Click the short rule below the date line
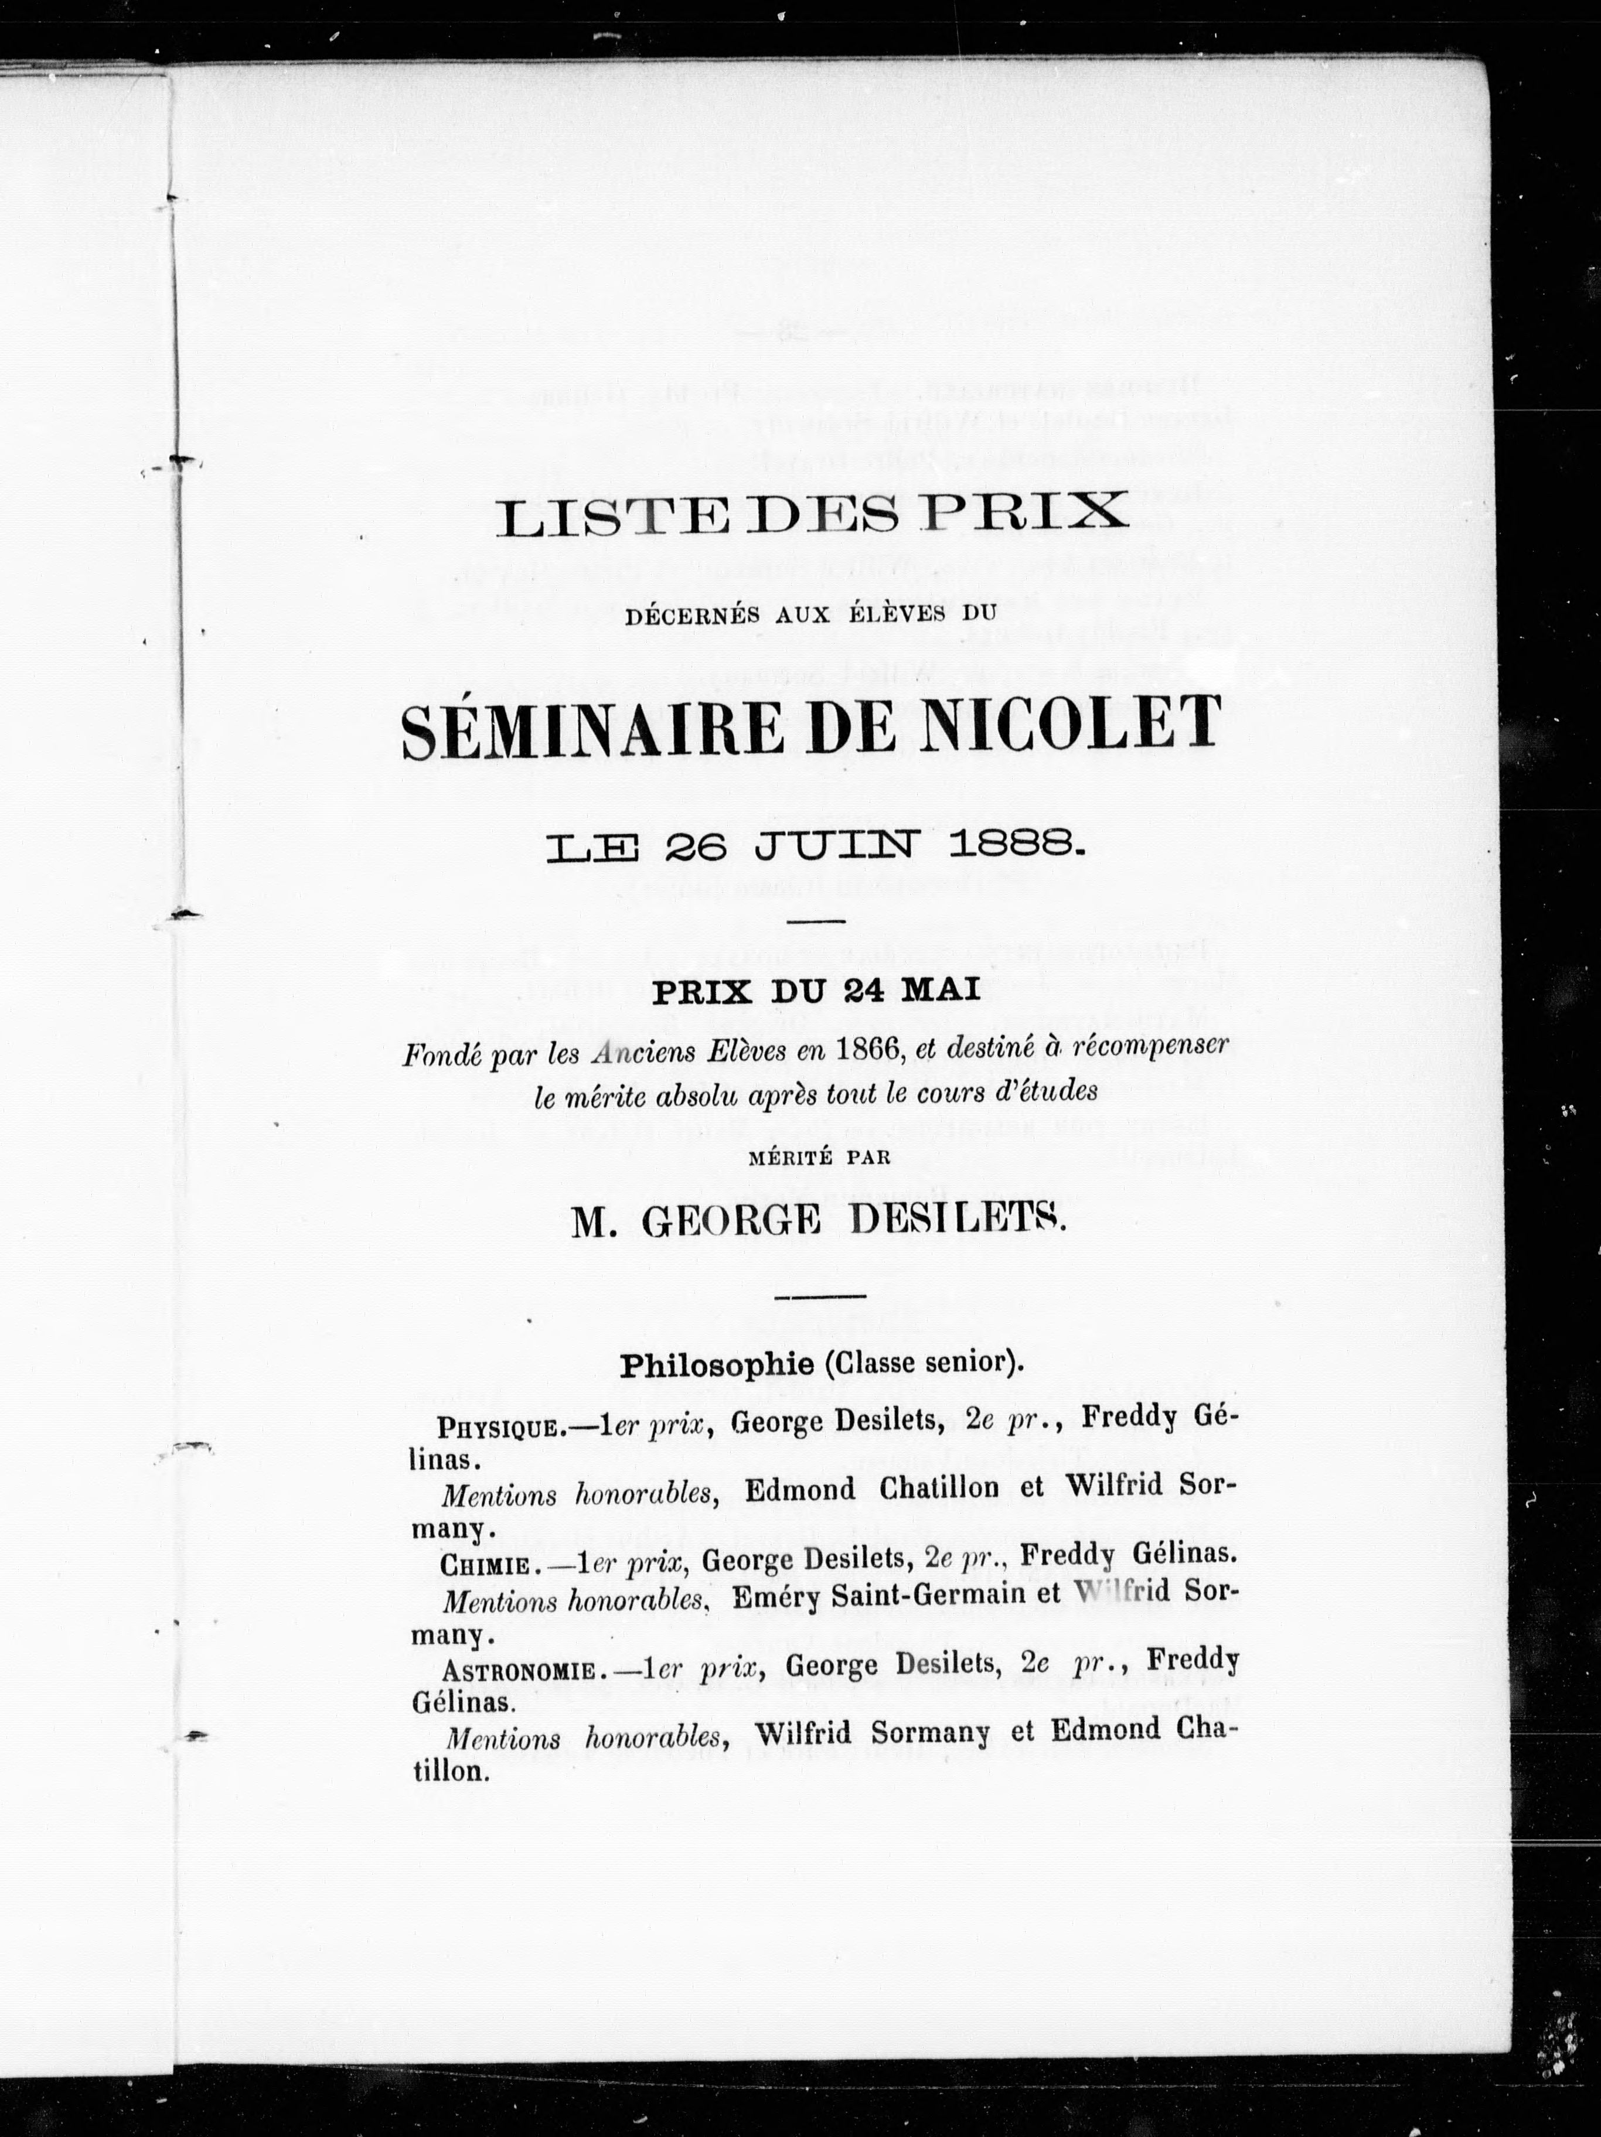click(816, 921)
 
